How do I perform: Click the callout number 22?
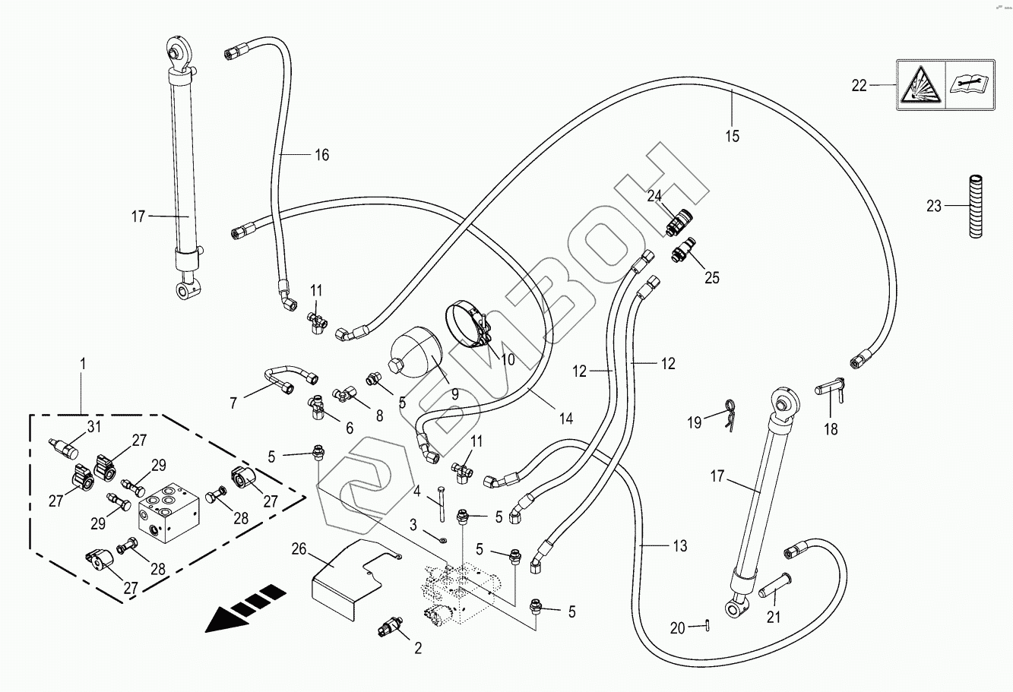tap(859, 86)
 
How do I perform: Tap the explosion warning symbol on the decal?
tap(921, 86)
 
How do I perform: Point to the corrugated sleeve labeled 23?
tap(976, 206)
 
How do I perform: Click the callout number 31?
tap(93, 427)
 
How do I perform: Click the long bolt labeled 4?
tap(441, 508)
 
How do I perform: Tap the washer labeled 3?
tap(443, 540)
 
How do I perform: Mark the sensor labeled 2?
tap(390, 627)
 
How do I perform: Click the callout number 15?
tap(732, 137)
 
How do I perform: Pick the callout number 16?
tap(322, 155)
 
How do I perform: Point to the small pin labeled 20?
tap(707, 627)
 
